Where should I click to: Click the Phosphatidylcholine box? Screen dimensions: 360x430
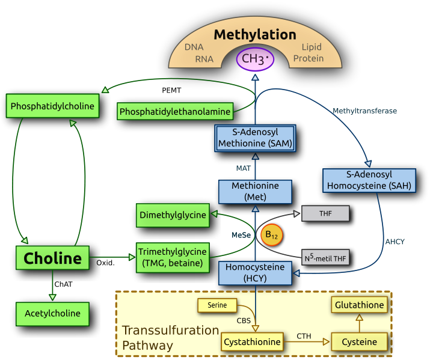[52, 106]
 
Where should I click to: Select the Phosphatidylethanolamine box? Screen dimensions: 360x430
[175, 111]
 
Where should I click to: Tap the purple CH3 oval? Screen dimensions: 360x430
[255, 59]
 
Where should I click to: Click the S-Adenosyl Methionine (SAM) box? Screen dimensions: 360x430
[255, 138]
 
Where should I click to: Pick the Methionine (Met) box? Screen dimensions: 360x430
[255, 191]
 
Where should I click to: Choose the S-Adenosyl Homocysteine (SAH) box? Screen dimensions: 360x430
[369, 180]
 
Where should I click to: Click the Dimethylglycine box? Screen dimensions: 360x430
[173, 215]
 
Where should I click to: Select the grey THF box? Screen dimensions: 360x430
[325, 213]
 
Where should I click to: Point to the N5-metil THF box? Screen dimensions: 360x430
[325, 258]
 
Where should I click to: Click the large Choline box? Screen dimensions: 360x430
[52, 258]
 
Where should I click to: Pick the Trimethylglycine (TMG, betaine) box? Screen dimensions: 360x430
[173, 257]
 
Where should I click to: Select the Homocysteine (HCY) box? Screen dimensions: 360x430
[255, 273]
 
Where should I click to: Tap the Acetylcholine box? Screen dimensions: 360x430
[52, 313]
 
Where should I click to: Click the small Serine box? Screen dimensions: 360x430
[218, 305]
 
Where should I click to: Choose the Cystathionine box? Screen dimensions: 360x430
[252, 342]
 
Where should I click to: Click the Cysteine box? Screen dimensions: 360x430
[359, 342]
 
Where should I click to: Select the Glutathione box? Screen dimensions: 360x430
[359, 305]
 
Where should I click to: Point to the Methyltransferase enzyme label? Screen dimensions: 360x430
[364, 111]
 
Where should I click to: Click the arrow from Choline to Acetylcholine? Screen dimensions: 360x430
[52, 285]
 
